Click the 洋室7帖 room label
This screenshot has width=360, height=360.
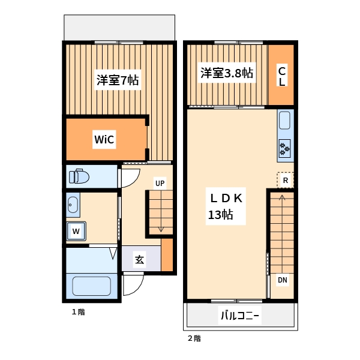tap(118, 80)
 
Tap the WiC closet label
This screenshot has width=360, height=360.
tap(104, 140)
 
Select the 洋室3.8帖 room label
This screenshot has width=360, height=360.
tap(226, 73)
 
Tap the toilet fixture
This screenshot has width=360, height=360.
tap(79, 176)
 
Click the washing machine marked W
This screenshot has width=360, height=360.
tap(76, 230)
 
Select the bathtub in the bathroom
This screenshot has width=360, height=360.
tap(91, 285)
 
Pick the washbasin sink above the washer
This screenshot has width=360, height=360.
tap(73, 205)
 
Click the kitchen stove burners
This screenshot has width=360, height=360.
tap(284, 148)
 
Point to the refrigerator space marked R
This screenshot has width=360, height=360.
tap(286, 180)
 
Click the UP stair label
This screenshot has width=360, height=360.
tap(160, 183)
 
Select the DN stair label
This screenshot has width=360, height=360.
tap(282, 280)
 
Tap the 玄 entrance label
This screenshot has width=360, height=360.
tap(139, 260)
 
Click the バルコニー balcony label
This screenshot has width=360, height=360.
tap(240, 316)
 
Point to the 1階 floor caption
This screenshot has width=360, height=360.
tap(78, 312)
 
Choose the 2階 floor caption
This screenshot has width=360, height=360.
tap(194, 338)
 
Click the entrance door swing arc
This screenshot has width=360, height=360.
tap(133, 286)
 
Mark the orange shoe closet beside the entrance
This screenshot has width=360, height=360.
tap(167, 254)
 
